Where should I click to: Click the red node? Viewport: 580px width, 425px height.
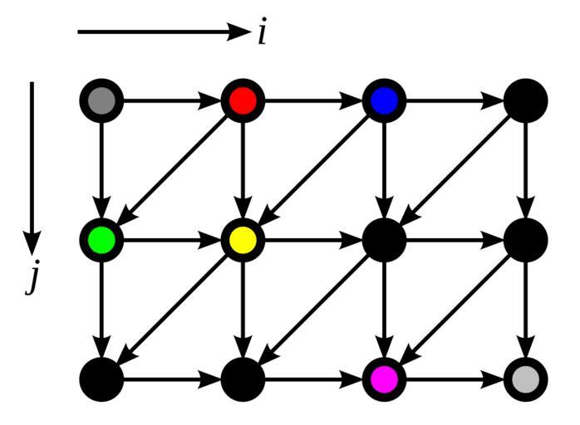click(x=243, y=101)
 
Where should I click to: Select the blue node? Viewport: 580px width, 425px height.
click(x=384, y=101)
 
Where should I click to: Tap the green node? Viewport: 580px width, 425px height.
click(x=101, y=241)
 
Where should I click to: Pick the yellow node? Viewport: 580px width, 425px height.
click(x=243, y=241)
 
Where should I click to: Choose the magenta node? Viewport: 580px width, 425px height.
click(x=384, y=380)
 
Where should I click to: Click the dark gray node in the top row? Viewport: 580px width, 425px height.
click(x=101, y=101)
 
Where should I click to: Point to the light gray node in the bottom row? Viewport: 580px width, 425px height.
click(x=525, y=380)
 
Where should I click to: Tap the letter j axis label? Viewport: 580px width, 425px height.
click(x=32, y=280)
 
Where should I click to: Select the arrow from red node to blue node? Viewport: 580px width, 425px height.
click(x=313, y=101)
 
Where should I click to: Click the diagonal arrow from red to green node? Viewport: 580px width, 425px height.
click(x=172, y=171)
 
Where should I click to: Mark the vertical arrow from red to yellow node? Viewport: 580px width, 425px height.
click(x=243, y=171)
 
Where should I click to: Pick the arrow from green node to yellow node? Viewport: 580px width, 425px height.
click(x=172, y=241)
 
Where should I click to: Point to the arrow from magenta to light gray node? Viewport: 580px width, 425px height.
click(x=455, y=380)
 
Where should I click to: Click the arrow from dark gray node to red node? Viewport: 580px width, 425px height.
click(x=172, y=101)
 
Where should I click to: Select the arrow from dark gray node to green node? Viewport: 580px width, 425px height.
click(x=101, y=171)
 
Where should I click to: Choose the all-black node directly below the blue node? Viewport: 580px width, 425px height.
click(x=384, y=241)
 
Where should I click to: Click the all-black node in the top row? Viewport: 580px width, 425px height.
click(x=525, y=101)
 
